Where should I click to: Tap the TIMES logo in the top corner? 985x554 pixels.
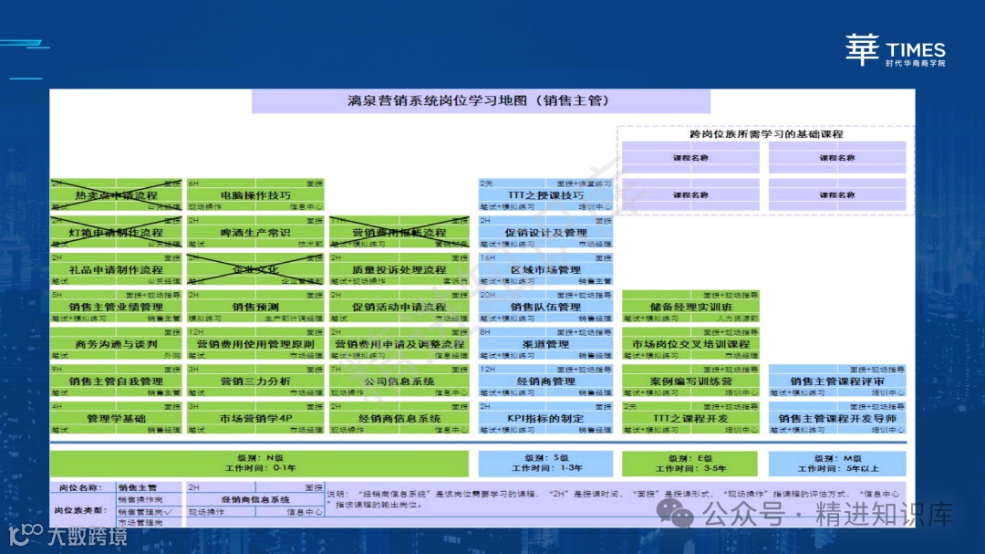[894, 50]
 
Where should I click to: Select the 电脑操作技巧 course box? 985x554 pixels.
[255, 195]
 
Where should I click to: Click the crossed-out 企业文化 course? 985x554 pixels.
[255, 270]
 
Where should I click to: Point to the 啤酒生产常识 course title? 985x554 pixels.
[255, 233]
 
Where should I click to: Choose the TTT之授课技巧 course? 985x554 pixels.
[545, 195]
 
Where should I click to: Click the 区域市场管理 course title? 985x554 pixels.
[545, 270]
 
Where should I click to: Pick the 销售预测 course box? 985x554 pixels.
[255, 308]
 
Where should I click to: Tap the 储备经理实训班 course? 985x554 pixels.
[690, 308]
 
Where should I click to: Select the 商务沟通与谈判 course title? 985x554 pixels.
[116, 344]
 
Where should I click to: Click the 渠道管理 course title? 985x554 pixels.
[545, 344]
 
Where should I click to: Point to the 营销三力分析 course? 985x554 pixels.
[255, 382]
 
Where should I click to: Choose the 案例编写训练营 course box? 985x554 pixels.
[690, 382]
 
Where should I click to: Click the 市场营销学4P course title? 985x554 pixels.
[255, 418]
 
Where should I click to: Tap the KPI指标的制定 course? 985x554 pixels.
[545, 418]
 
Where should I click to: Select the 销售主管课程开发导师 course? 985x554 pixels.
[837, 418]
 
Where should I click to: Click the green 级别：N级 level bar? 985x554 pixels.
[259, 463]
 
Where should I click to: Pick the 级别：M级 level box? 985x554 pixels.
[837, 463]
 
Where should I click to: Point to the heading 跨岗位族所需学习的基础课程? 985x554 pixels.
[766, 134]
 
